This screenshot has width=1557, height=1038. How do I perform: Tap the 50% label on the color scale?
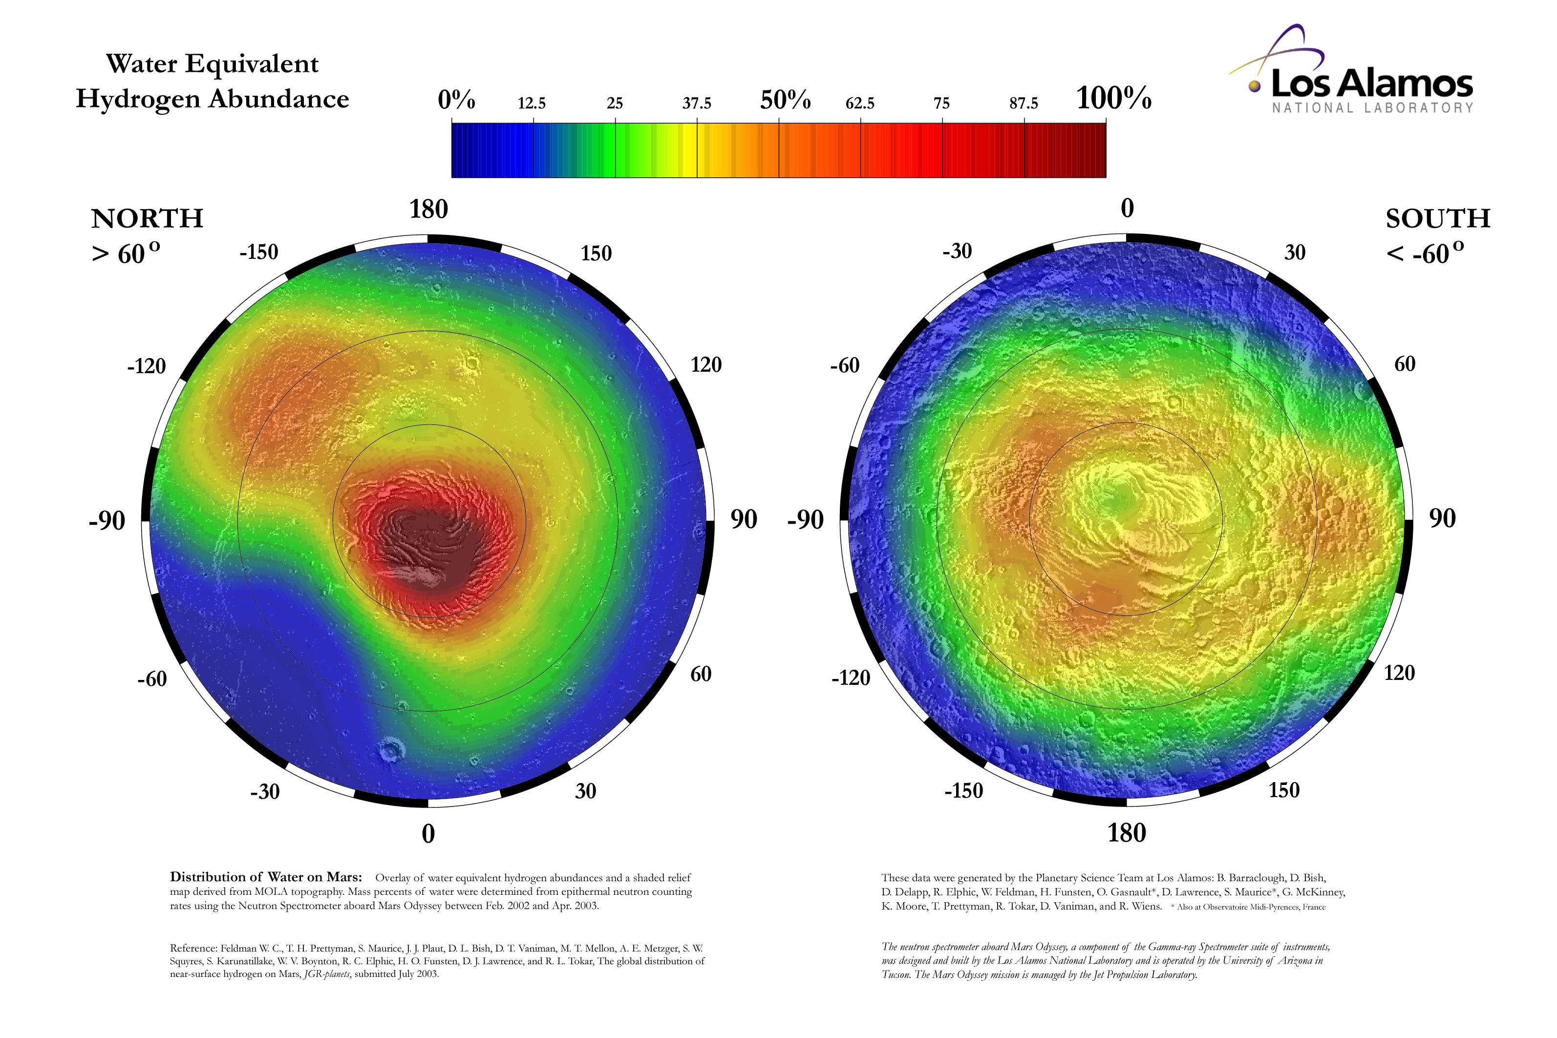(x=785, y=100)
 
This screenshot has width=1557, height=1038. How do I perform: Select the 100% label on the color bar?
(x=1113, y=98)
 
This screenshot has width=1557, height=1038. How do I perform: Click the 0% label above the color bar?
(x=456, y=100)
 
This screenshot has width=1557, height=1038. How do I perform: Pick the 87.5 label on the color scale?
(x=1024, y=103)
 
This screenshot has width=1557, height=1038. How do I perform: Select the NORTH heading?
(x=147, y=218)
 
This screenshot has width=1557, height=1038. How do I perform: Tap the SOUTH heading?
(x=1438, y=218)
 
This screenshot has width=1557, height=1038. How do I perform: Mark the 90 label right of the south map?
(x=1443, y=518)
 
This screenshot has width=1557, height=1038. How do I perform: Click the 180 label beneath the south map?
(x=1127, y=833)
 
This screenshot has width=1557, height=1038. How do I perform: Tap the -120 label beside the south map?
(x=851, y=678)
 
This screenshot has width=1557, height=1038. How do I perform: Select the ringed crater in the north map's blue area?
(x=390, y=750)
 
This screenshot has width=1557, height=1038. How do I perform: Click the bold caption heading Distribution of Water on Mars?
(x=265, y=877)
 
